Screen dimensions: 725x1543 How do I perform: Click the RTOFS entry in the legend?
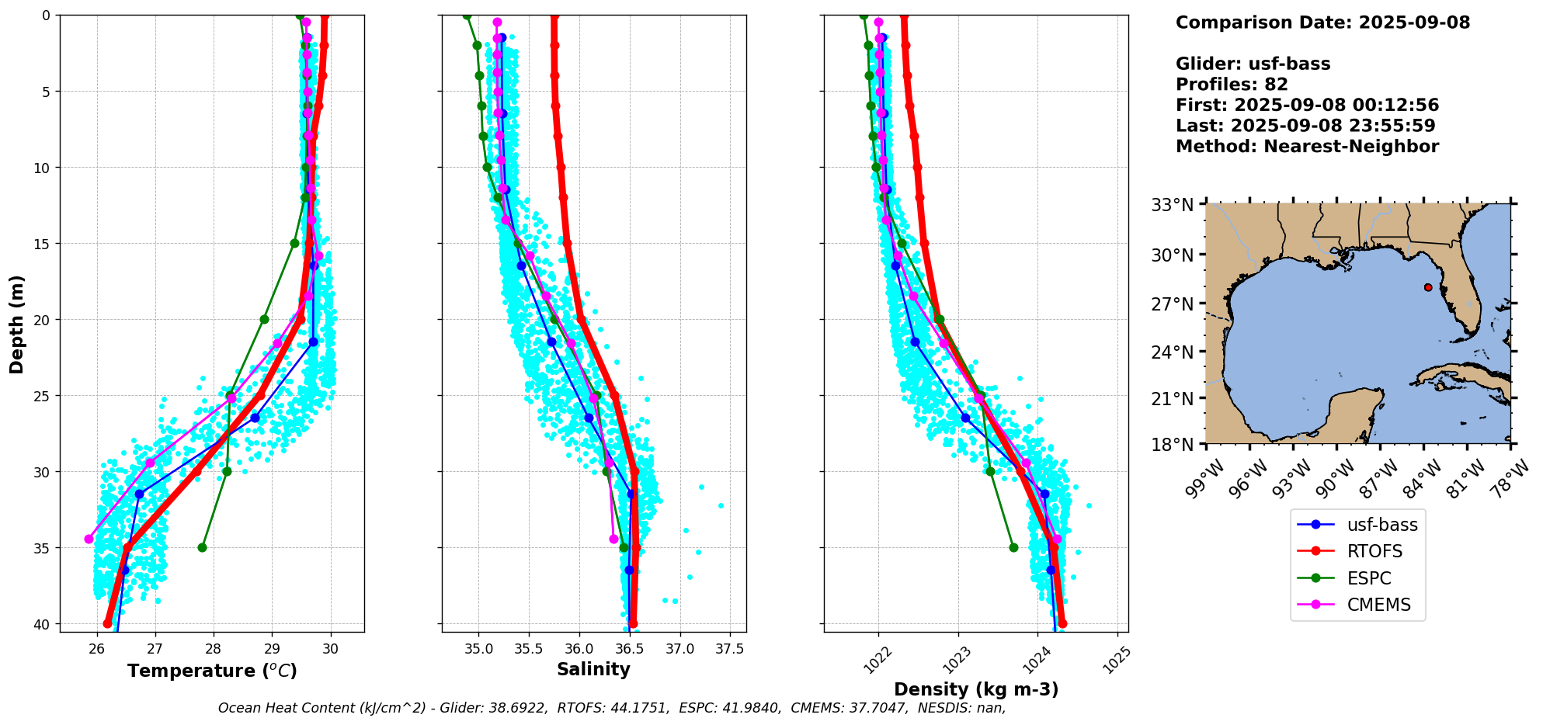tap(1374, 552)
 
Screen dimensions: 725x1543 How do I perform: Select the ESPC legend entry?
tap(1368, 579)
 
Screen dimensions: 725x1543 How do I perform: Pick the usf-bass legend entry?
tap(1381, 525)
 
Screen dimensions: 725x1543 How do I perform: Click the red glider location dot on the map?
tap(1428, 287)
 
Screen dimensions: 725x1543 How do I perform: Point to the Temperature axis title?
tap(212, 671)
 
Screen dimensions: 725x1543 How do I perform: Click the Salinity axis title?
tap(593, 669)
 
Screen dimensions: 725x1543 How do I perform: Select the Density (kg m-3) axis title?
tap(976, 689)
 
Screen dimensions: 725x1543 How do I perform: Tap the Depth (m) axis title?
tap(17, 324)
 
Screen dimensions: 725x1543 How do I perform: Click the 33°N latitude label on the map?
tap(1172, 205)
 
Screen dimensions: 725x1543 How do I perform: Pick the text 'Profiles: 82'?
tap(1232, 85)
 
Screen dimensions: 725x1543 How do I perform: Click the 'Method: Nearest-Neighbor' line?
tap(1307, 147)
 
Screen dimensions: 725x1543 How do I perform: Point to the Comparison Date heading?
tap(1322, 23)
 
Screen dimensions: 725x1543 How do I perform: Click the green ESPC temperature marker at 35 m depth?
tap(202, 547)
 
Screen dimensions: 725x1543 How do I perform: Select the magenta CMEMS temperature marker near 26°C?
tap(89, 539)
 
